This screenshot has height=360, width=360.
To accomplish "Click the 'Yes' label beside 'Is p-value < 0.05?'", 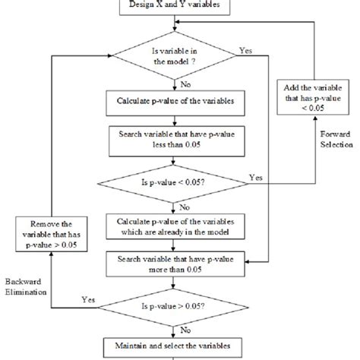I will [x=256, y=177].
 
